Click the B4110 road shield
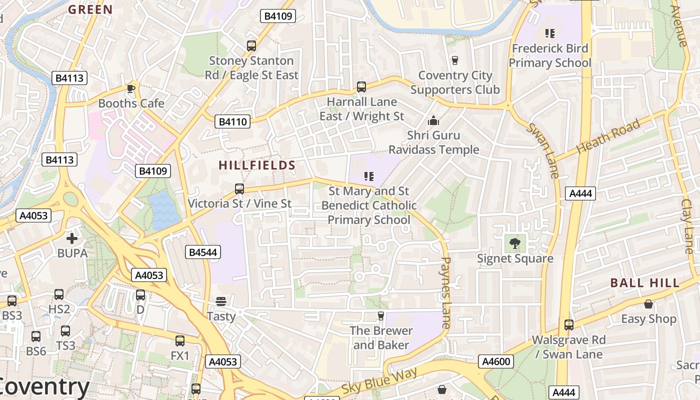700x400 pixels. tap(232, 121)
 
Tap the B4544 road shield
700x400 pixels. tap(203, 252)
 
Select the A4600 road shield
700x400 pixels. tap(496, 361)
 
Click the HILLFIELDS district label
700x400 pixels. tap(257, 165)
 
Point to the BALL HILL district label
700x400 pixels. tap(645, 283)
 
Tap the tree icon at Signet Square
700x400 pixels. tap(514, 243)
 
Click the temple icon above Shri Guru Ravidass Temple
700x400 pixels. tap(433, 120)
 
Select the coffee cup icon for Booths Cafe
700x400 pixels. tap(131, 88)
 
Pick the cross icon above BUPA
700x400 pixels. tap(72, 238)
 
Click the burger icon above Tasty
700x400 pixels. tap(221, 301)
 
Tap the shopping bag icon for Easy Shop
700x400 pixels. tap(648, 304)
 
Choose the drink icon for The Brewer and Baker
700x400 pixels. tap(381, 315)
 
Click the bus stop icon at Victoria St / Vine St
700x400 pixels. tap(239, 189)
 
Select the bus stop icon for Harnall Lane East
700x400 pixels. tap(361, 87)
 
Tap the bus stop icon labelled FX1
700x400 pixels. tap(180, 341)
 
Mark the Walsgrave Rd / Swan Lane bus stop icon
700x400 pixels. tap(568, 325)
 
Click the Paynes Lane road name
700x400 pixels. tap(446, 292)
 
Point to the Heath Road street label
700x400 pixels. tap(608, 136)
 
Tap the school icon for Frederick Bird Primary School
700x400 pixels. tap(550, 33)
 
